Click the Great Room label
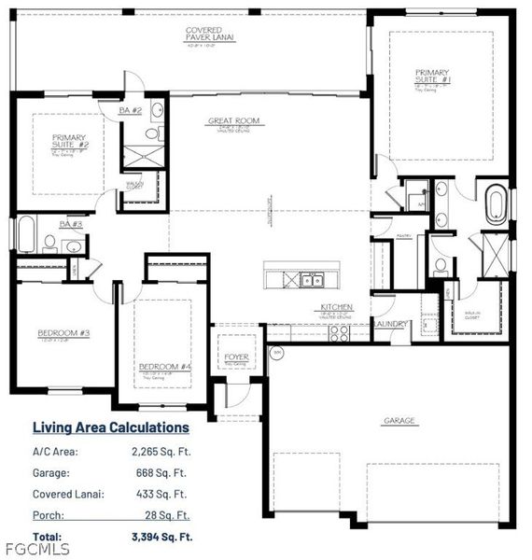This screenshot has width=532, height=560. pos(234,120)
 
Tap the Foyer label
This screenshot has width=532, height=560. pos(234,357)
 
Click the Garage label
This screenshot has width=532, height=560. pos(399,421)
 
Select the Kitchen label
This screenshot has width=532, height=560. pos(336,306)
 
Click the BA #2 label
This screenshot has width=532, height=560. pos(130,111)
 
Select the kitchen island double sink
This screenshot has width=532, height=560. pos(310,278)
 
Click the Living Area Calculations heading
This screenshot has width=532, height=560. pos(111,427)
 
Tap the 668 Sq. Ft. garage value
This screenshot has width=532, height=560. pos(168,472)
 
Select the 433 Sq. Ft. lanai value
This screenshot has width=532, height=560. pos(168,494)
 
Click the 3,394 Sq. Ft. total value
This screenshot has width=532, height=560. pos(162,537)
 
